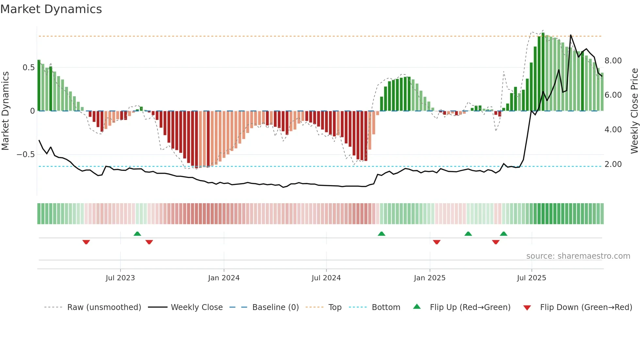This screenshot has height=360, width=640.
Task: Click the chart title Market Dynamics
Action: pyautogui.click(x=51, y=9)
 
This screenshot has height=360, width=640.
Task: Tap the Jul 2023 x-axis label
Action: pyautogui.click(x=120, y=278)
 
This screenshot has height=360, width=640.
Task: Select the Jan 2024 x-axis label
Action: pyautogui.click(x=224, y=278)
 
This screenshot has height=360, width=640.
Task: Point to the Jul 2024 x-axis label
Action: pyautogui.click(x=326, y=278)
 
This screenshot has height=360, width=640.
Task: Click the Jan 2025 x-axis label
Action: pyautogui.click(x=429, y=278)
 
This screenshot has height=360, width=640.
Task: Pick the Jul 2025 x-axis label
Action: pyautogui.click(x=531, y=278)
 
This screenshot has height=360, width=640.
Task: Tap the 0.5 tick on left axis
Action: pyautogui.click(x=28, y=68)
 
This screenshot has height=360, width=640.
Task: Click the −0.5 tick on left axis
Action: pyautogui.click(x=25, y=155)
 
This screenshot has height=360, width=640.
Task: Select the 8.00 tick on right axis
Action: pyautogui.click(x=613, y=61)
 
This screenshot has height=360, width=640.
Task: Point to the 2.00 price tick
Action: pyautogui.click(x=613, y=164)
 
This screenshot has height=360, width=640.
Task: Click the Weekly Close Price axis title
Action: pyautogui.click(x=634, y=111)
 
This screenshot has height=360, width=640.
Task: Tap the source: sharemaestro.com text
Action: pyautogui.click(x=578, y=256)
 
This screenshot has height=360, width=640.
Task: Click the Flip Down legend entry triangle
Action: pyautogui.click(x=527, y=308)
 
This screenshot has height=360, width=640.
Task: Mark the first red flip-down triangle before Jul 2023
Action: pyautogui.click(x=86, y=242)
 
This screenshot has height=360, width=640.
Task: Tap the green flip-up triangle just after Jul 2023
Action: pyautogui.click(x=137, y=234)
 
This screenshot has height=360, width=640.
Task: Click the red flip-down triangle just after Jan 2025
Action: pyautogui.click(x=437, y=242)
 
